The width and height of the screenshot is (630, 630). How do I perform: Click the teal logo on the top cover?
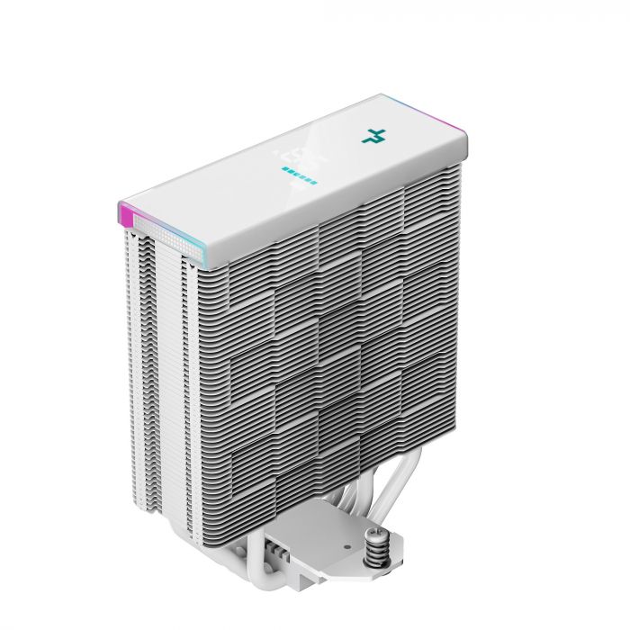(372, 137)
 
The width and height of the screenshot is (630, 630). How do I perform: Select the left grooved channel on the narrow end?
(135, 360)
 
